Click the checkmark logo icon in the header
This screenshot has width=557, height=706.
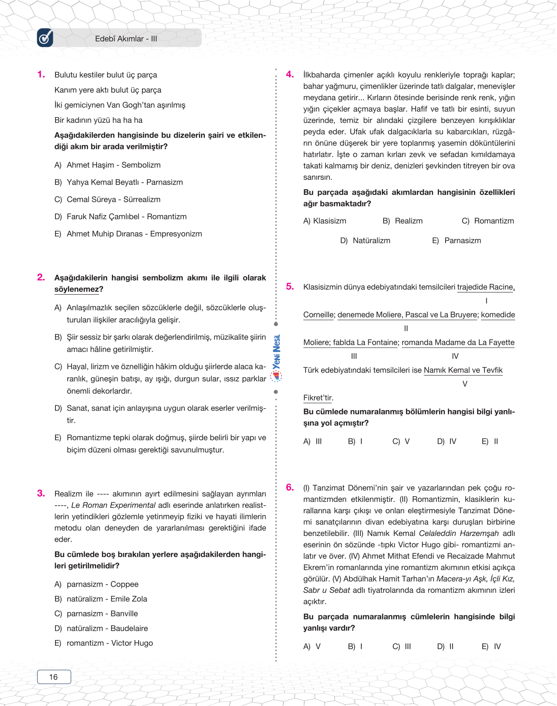pyautogui.click(x=45, y=38)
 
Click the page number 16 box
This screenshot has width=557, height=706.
pyautogui.click(x=54, y=677)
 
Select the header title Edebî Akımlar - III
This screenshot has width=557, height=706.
pyautogui.click(x=126, y=38)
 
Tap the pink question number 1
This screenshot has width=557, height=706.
pyautogui.click(x=41, y=74)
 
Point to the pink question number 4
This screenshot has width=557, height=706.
pyautogui.click(x=290, y=74)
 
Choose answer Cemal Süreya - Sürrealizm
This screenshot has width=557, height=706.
pyautogui.click(x=113, y=199)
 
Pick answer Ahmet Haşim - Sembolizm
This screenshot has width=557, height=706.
pyautogui.click(x=113, y=165)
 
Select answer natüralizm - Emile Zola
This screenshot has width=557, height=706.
pyautogui.click(x=107, y=599)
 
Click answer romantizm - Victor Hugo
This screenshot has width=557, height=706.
pyautogui.click(x=110, y=643)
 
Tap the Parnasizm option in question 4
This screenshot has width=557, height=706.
pyautogui.click(x=462, y=240)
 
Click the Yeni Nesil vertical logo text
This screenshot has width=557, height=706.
pyautogui.click(x=277, y=352)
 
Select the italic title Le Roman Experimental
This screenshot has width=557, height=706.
pyautogui.click(x=113, y=505)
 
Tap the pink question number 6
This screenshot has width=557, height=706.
pyautogui.click(x=290, y=487)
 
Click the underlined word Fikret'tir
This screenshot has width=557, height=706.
pyautogui.click(x=318, y=398)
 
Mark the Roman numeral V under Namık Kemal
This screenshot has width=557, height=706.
pyautogui.click(x=464, y=384)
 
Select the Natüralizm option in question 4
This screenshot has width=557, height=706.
pyautogui.click(x=371, y=240)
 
